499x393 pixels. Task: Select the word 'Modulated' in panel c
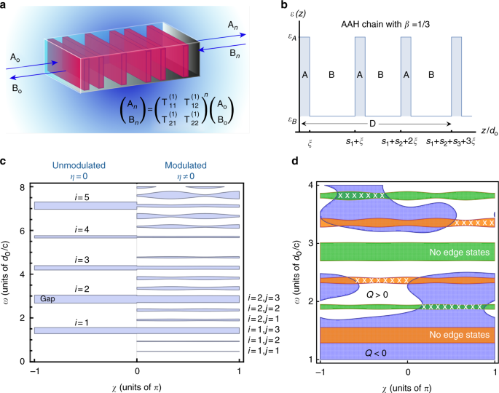(188, 164)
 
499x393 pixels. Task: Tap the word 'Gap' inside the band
(48, 298)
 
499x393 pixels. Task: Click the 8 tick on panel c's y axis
(23, 186)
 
